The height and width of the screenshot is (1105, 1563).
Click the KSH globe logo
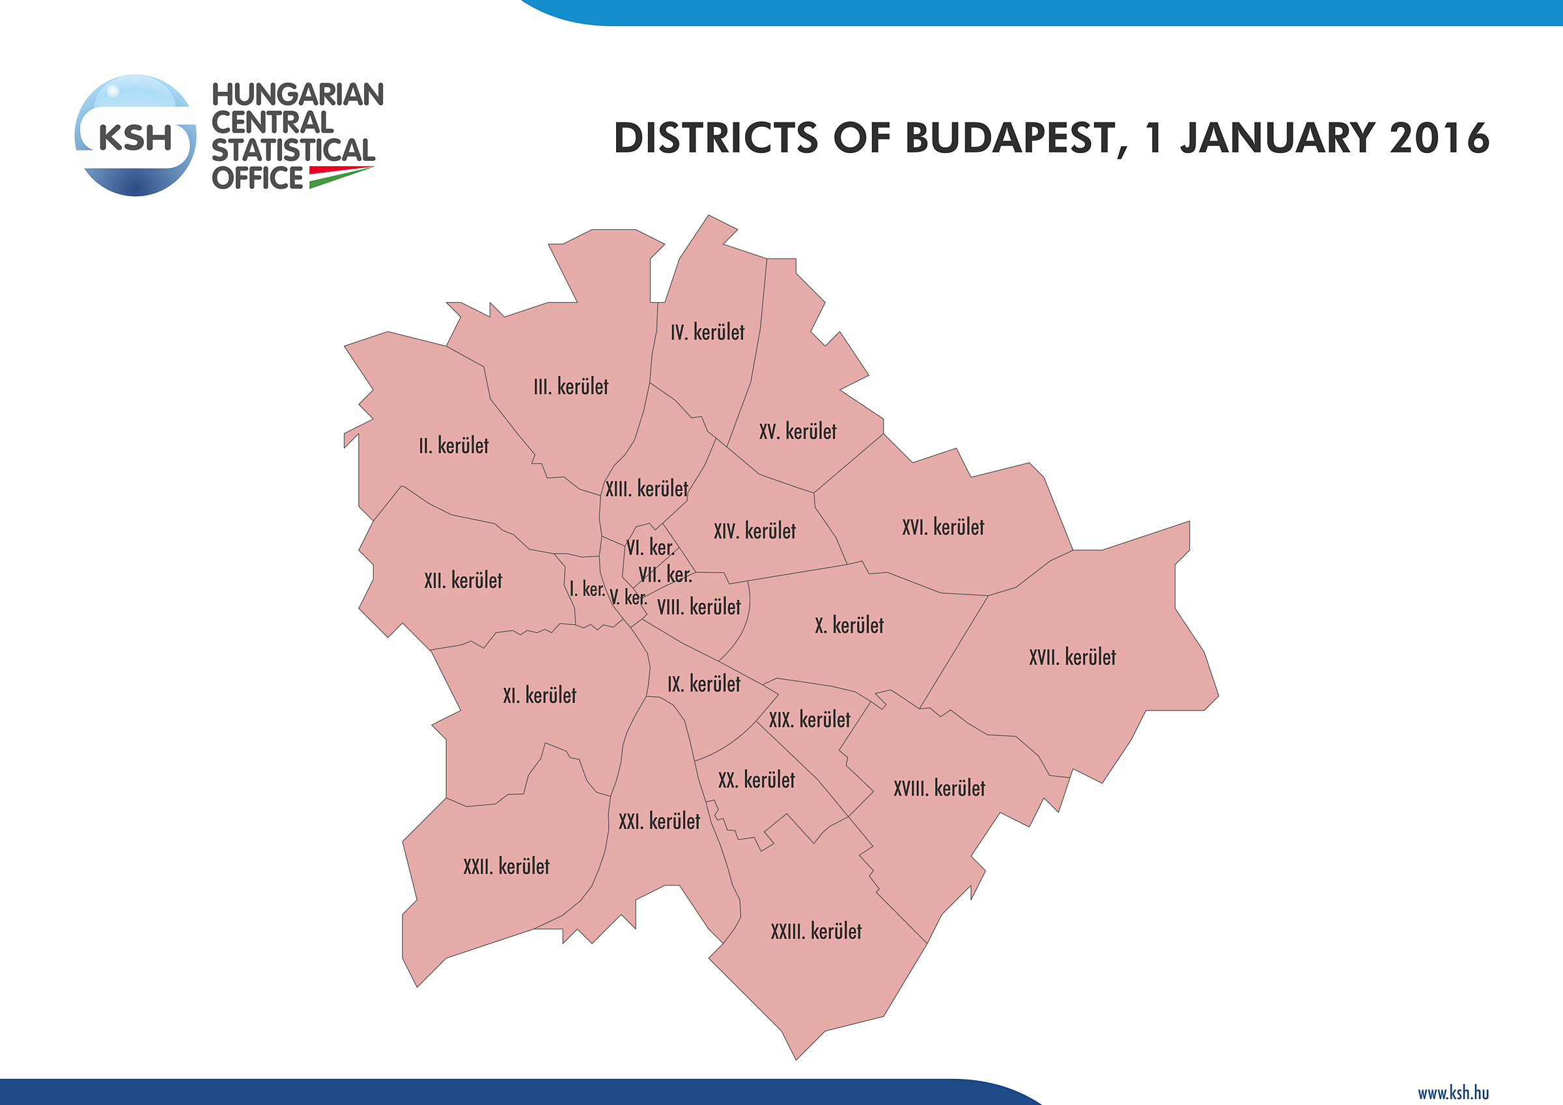tap(135, 135)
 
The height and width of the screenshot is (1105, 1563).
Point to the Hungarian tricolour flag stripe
tap(341, 176)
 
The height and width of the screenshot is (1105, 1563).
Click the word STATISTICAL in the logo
tap(292, 150)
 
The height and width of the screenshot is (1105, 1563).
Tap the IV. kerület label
tap(707, 332)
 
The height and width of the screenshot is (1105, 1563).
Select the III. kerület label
tap(570, 387)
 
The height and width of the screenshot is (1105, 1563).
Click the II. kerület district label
tap(453, 446)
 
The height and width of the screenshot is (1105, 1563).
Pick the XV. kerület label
tap(797, 432)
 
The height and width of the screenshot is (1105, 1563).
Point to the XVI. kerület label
tap(943, 527)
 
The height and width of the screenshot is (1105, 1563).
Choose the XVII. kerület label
tap(1072, 657)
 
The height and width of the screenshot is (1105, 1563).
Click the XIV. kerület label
tap(754, 531)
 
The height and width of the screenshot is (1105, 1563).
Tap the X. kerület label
tap(849, 625)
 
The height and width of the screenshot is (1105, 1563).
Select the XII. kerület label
tap(463, 581)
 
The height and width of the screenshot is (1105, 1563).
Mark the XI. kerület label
tap(539, 695)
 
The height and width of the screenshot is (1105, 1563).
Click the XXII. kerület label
tap(506, 866)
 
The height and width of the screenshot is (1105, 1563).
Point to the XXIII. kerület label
tap(815, 930)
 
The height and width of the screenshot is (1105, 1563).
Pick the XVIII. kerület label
tap(938, 789)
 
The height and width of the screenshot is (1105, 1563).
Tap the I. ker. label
tap(587, 589)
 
